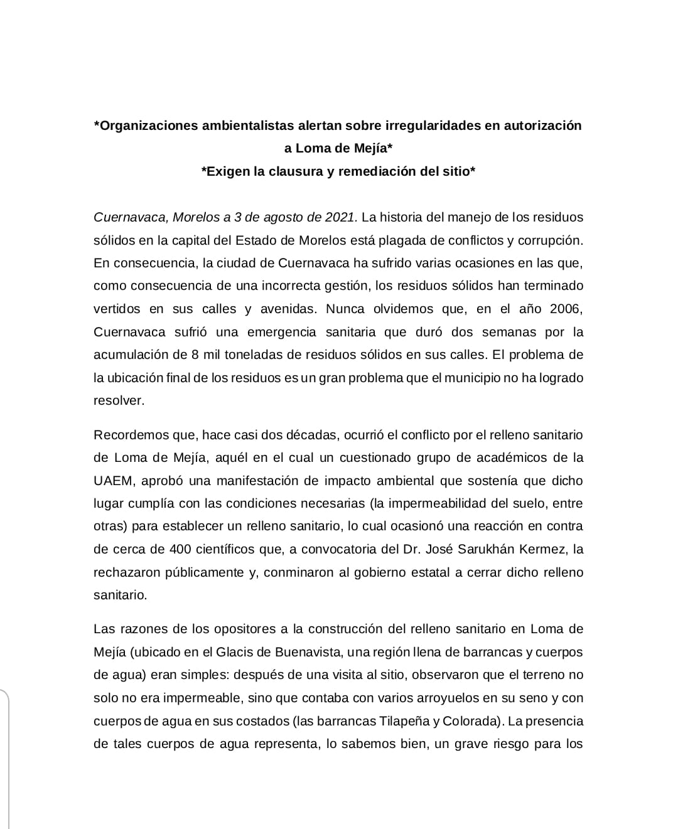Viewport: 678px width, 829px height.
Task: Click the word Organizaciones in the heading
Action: [148, 126]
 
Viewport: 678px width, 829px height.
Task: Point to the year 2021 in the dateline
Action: [341, 217]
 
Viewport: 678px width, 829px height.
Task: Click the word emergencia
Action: [282, 332]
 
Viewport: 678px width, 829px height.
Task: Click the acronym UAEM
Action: [113, 481]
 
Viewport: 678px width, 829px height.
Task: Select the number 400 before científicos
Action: [176, 549]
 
